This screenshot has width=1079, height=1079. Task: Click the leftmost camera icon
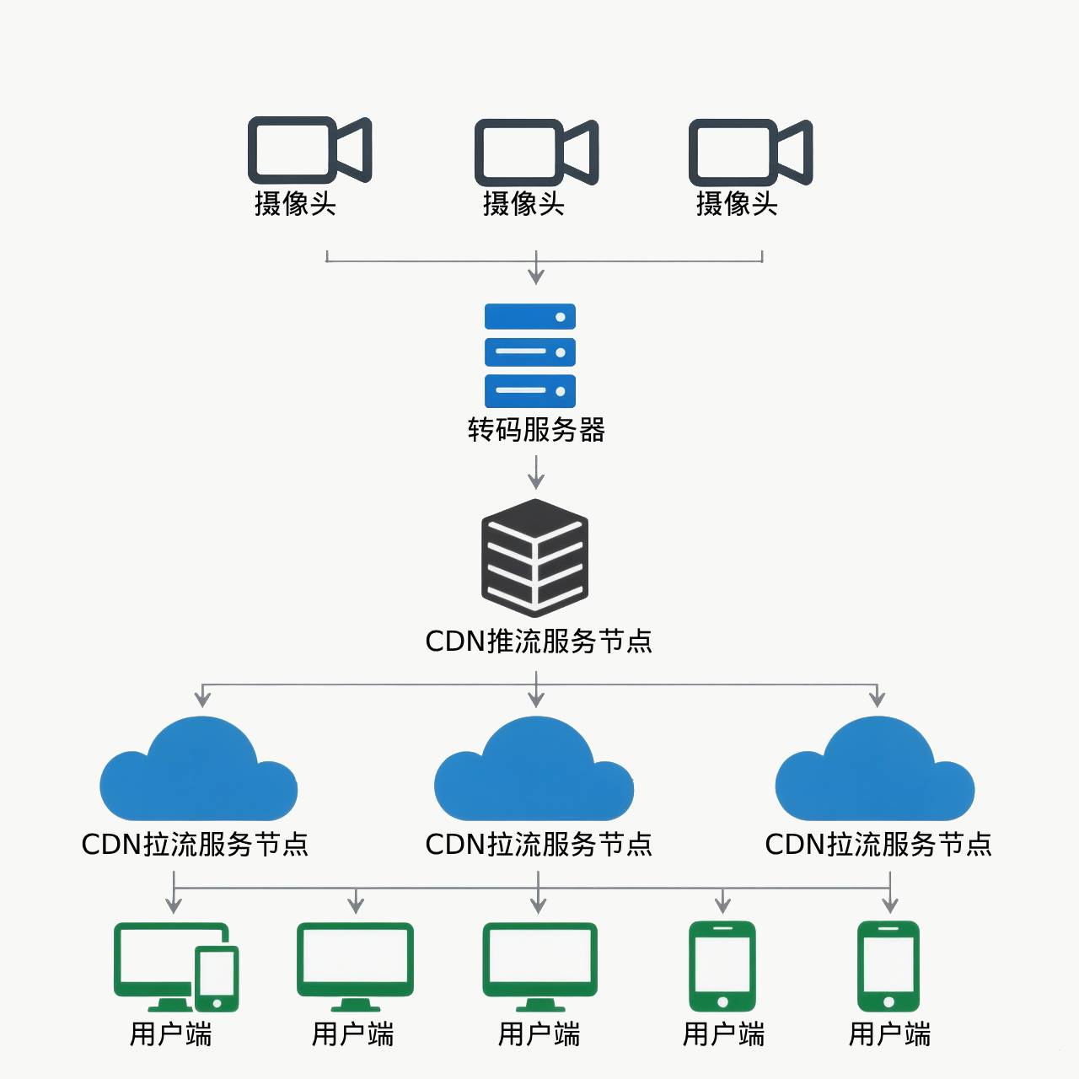309,150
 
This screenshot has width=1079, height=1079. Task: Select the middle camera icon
536,152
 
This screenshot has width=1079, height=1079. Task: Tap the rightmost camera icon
750,152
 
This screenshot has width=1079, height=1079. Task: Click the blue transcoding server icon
530,355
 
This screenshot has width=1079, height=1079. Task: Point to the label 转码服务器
536,430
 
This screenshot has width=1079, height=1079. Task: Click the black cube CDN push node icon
535,557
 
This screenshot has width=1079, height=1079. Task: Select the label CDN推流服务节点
539,641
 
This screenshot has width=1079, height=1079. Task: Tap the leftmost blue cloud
198,771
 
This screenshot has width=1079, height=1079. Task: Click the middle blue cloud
534,771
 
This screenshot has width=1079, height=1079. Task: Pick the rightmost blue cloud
875,771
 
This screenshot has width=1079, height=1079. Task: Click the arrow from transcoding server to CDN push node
536,472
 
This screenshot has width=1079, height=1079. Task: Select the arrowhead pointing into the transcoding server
536,276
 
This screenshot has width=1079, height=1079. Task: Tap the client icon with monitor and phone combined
176,968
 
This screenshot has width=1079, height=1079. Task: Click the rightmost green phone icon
888,966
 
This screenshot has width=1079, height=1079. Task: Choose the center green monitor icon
539,966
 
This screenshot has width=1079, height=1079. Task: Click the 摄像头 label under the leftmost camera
295,204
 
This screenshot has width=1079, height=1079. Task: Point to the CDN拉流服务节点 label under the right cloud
878,845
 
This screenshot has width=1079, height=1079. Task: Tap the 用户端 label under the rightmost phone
889,1034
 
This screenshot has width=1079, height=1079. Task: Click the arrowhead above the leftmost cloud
202,698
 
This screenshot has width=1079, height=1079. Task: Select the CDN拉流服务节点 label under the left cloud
195,845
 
